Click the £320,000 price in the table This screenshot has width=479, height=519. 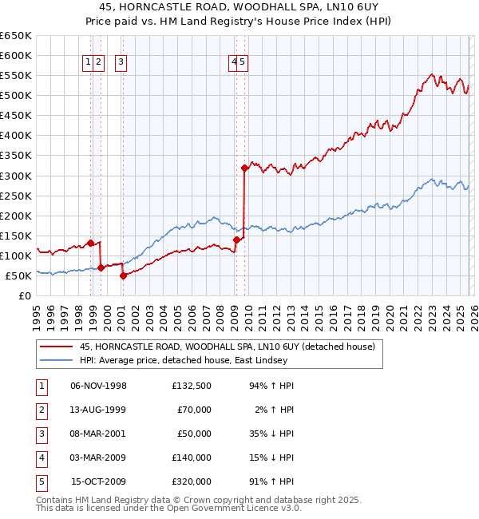191,481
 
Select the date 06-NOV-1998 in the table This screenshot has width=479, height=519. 98,386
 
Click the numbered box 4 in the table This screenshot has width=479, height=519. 41,458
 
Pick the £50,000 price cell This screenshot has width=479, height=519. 193,434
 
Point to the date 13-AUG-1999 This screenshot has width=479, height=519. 98,410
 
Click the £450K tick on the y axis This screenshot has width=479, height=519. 15,116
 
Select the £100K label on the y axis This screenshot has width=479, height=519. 15,256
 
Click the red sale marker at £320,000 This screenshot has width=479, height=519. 244,168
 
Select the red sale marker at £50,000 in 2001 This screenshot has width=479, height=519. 123,275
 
